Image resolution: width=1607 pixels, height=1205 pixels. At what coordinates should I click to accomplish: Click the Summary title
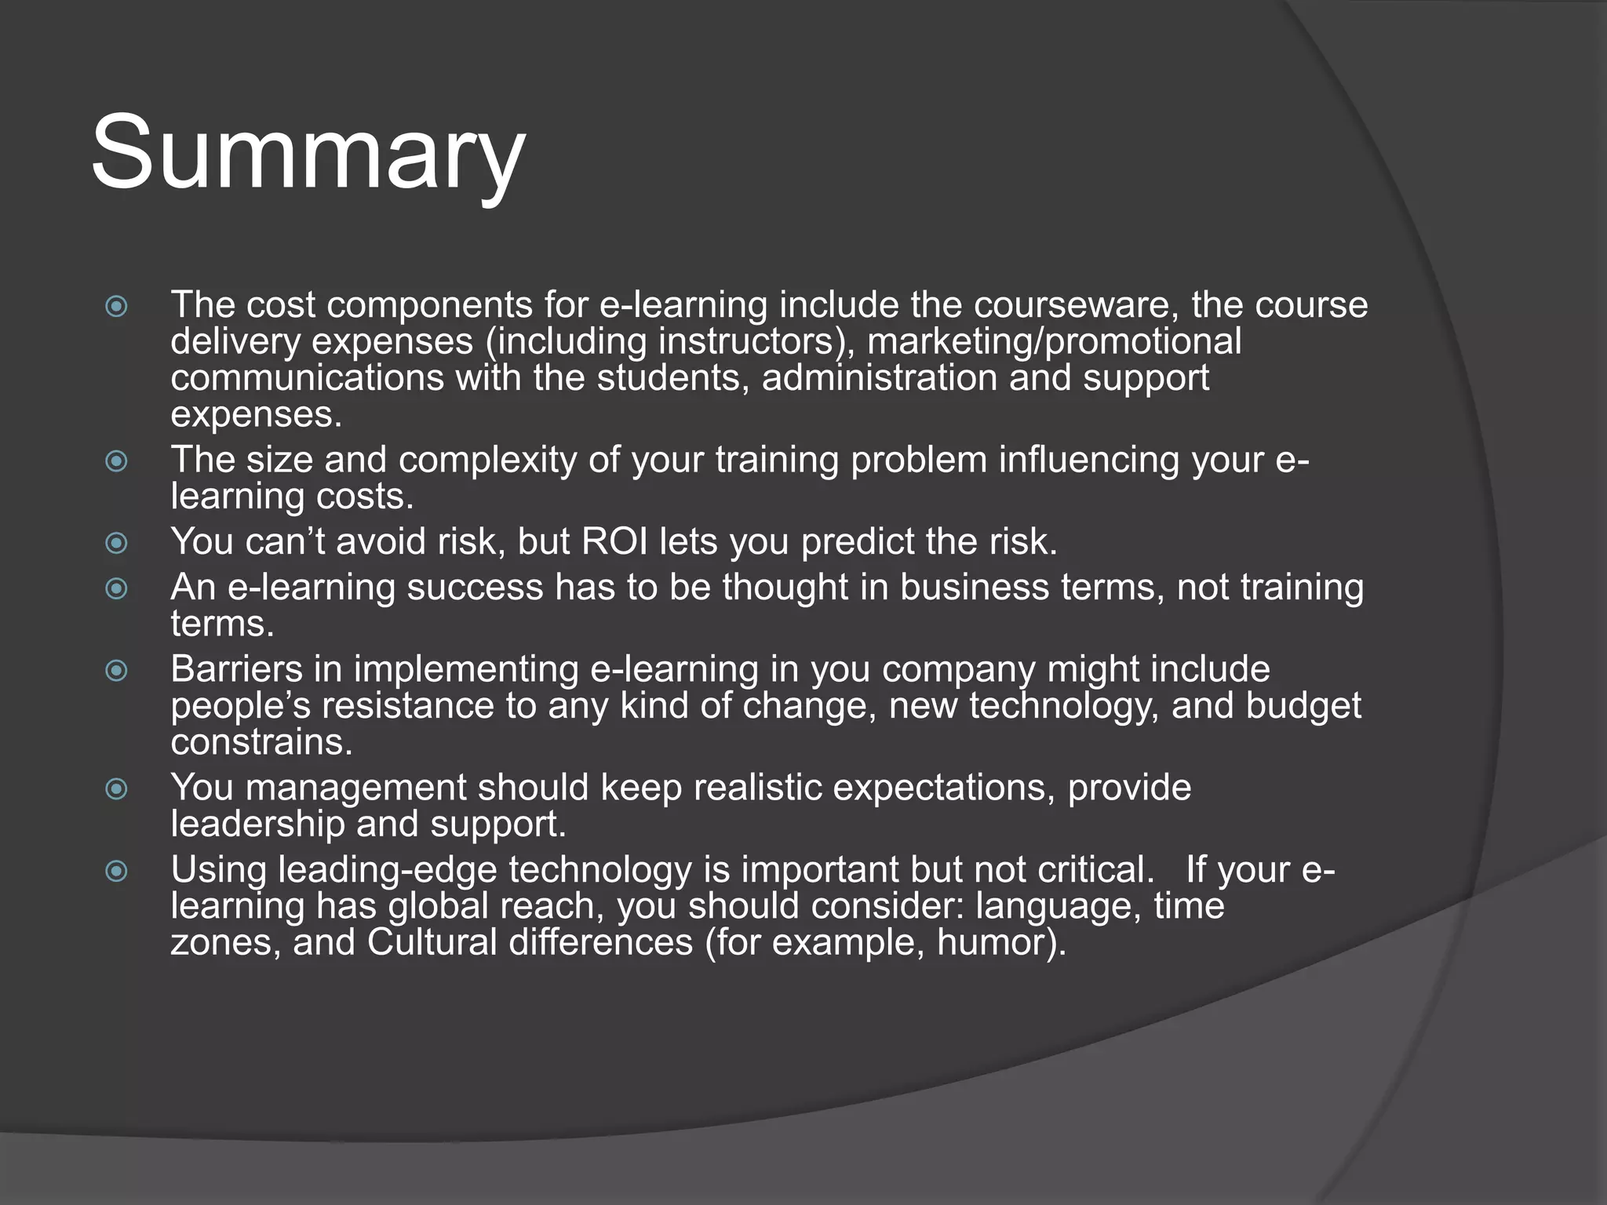click(x=308, y=153)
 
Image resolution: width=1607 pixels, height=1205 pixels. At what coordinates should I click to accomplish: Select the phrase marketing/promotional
click(x=1055, y=342)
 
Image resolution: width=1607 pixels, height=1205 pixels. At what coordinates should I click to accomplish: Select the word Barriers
click(x=236, y=669)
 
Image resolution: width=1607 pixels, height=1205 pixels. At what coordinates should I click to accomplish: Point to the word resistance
click(x=407, y=705)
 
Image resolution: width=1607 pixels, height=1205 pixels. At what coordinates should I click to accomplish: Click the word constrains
click(x=261, y=742)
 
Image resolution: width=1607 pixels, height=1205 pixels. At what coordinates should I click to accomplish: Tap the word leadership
click(x=257, y=824)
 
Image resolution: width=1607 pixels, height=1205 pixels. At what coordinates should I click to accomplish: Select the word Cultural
click(x=432, y=942)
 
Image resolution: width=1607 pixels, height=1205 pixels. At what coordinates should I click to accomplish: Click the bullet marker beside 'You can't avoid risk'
click(x=116, y=542)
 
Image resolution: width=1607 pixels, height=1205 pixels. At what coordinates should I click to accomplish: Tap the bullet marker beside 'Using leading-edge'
click(x=116, y=870)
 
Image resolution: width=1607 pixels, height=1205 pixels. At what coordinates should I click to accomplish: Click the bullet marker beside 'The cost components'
click(x=116, y=305)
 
